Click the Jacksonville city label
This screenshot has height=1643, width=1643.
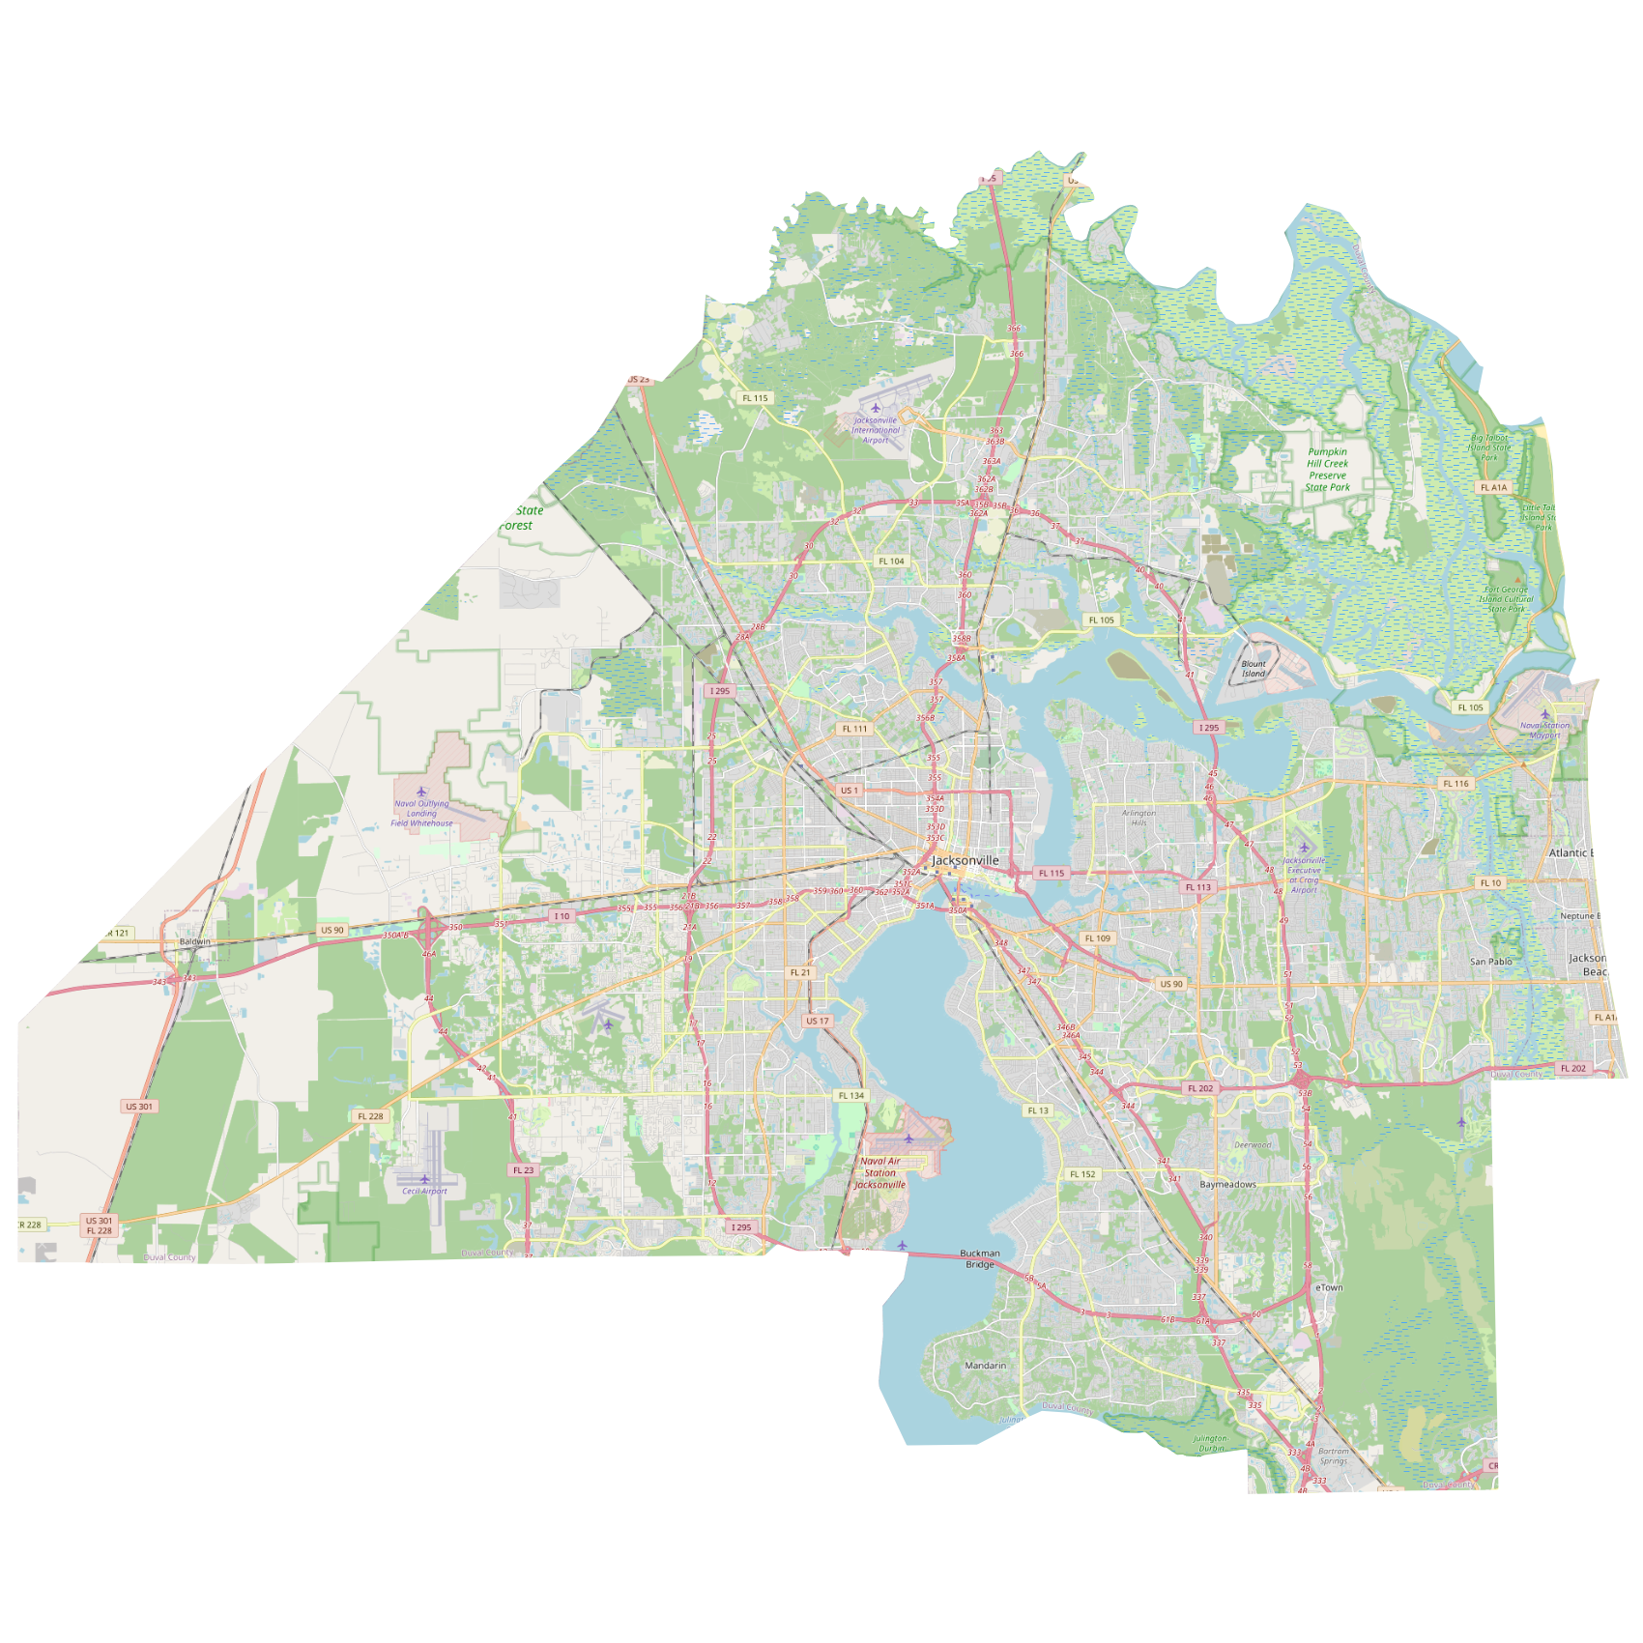point(965,860)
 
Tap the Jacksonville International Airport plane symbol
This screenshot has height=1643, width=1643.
point(876,408)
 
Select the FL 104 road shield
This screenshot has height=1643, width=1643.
point(891,561)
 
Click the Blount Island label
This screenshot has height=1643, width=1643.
point(1254,669)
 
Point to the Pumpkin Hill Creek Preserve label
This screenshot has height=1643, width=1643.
point(1327,470)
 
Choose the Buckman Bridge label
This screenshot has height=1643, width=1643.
point(979,1258)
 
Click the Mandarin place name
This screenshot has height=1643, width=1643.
point(985,1366)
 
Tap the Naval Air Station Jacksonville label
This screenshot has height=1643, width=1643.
point(879,1173)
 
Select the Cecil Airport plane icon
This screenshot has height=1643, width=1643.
point(424,1179)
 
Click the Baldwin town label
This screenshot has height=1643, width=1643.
point(194,941)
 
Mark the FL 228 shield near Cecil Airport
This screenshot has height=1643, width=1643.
point(370,1116)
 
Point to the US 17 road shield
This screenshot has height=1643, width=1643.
point(818,1021)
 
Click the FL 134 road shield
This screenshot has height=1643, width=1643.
point(851,1095)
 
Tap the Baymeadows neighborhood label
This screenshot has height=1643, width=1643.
point(1227,1184)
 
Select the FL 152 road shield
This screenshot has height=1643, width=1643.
point(1082,1174)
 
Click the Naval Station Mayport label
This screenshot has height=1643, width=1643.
point(1544,730)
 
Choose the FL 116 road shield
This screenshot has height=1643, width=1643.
point(1456,784)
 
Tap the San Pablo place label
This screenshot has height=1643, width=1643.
point(1490,962)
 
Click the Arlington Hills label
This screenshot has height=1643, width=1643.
point(1139,818)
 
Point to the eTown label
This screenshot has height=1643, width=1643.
point(1329,1287)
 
